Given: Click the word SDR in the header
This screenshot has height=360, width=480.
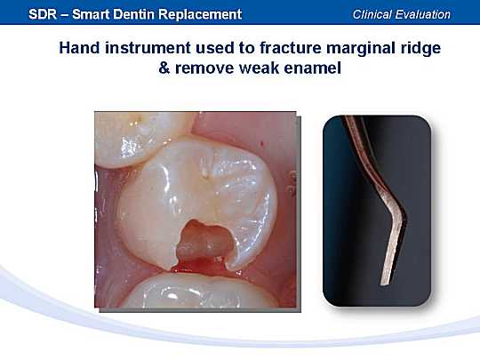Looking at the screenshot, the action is coord(43,14).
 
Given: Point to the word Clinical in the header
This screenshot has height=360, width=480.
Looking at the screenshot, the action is coord(371,14).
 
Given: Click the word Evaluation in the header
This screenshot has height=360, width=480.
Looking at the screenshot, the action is coord(423,14).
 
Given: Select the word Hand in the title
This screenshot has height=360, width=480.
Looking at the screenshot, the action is coord(79,48).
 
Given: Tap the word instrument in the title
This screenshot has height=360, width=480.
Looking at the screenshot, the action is coord(148,49).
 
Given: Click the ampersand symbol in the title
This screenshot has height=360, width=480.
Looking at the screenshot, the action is coord(164,68).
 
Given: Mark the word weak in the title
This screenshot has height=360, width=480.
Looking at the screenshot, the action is coord(259,68).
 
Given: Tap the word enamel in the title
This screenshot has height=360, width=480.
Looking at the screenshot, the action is coord(312,68).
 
